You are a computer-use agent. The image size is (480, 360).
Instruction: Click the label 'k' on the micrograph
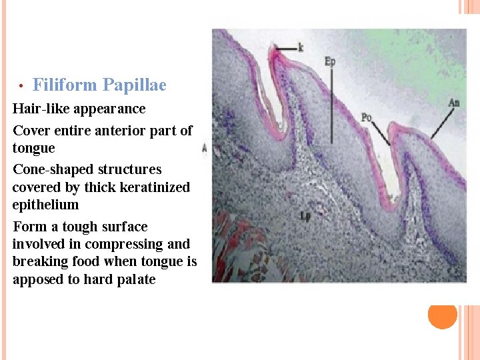301,48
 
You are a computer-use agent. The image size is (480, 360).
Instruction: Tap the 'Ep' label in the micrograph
329,61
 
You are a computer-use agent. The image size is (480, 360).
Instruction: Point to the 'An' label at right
453,103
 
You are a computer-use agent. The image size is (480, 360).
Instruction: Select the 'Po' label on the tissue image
366,117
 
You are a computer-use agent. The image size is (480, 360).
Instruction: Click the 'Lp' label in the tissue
305,216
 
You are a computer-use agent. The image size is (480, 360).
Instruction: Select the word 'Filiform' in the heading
65,85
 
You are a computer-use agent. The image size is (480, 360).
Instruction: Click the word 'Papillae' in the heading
134,85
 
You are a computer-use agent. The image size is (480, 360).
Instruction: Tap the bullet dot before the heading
21,86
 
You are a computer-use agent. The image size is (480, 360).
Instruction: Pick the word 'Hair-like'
41,109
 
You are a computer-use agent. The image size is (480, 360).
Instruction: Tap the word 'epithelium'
45,205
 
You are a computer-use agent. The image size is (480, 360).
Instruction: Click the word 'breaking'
41,262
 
